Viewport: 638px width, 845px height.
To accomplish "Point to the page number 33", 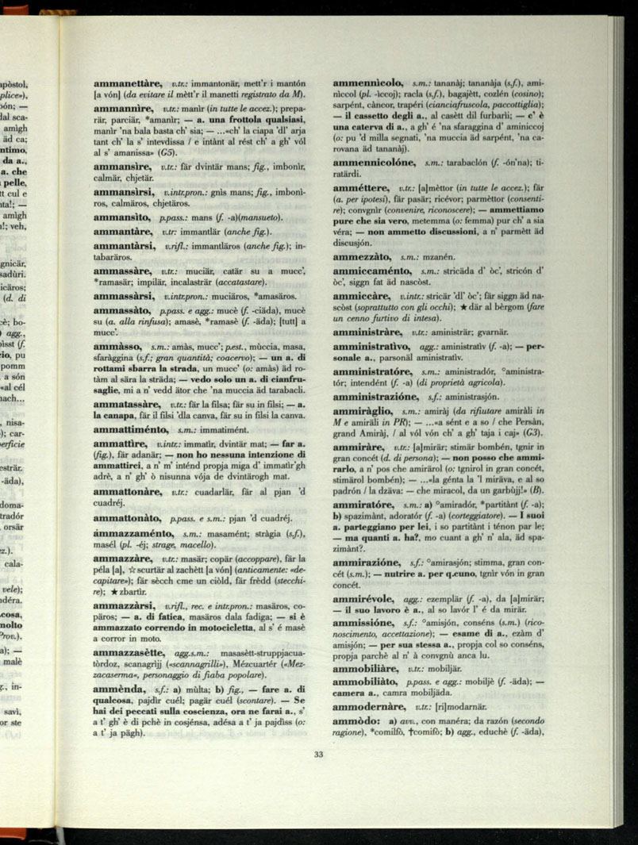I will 318,755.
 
